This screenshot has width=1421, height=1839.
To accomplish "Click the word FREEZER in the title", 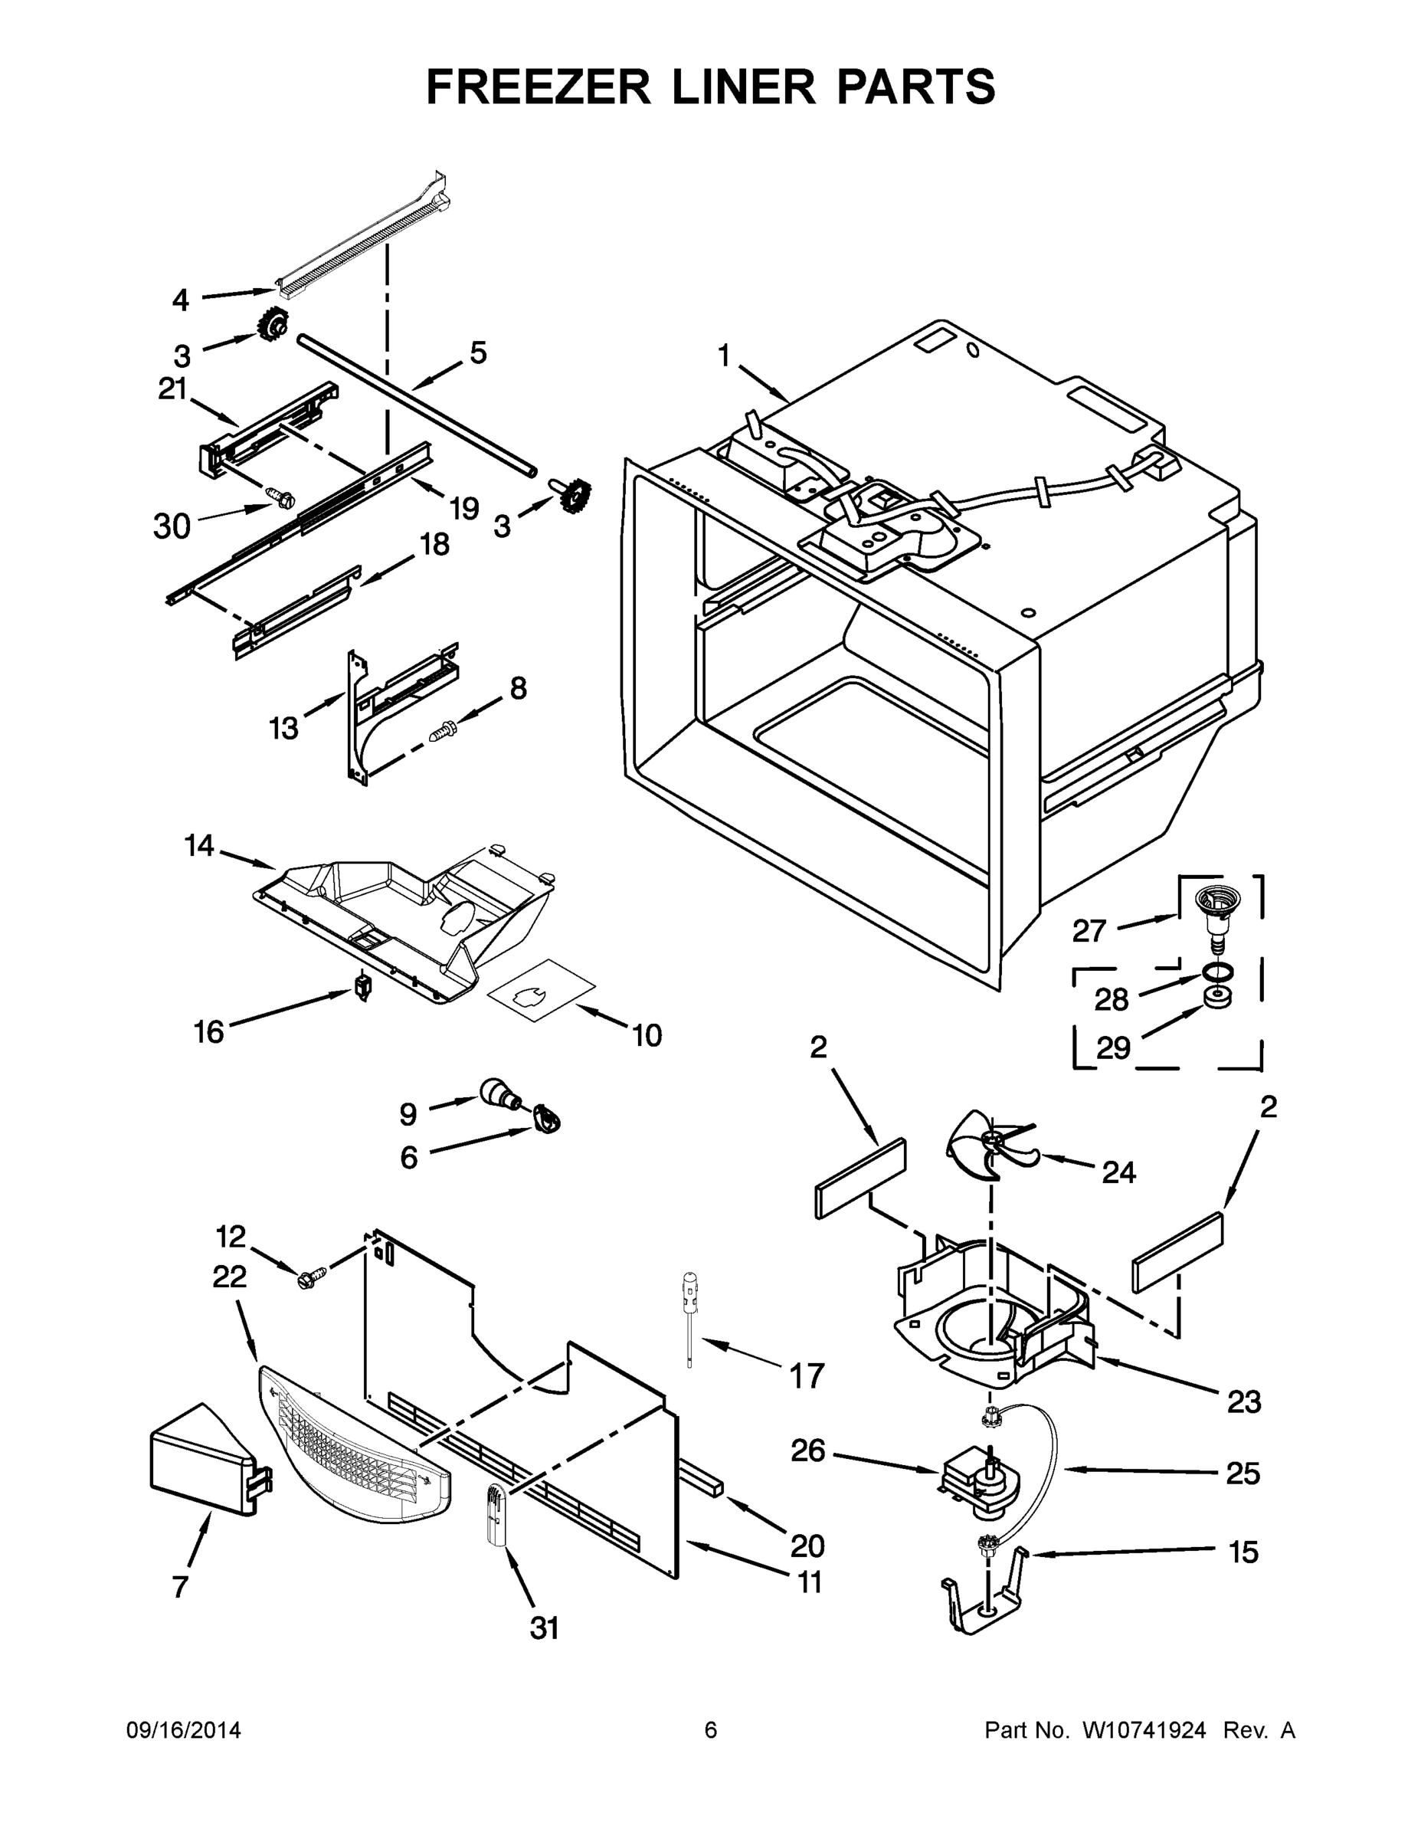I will click(x=539, y=87).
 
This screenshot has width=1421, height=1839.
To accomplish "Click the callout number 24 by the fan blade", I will click(x=1118, y=1172).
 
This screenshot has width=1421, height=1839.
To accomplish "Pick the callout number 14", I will click(x=199, y=845).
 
